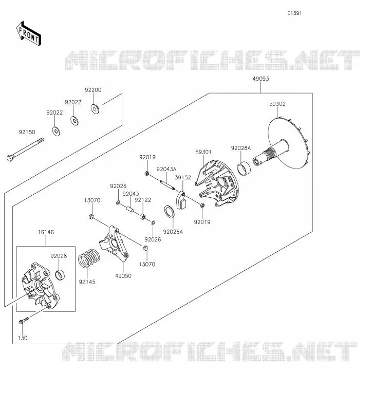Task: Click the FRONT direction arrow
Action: [x=29, y=33]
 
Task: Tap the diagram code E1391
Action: [x=294, y=13]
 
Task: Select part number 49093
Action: [x=261, y=79]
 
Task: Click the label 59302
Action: [x=277, y=104]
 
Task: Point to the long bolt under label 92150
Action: [x=25, y=150]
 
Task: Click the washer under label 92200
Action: [x=95, y=109]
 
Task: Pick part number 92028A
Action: [x=240, y=148]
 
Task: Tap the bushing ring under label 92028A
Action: [x=244, y=169]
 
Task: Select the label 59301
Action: [x=203, y=152]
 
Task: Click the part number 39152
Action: [x=183, y=178]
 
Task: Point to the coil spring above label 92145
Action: [x=89, y=258]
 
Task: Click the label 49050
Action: [x=123, y=276]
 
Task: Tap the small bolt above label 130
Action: [x=24, y=320]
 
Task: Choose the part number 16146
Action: [x=46, y=232]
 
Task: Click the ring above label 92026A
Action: [x=169, y=212]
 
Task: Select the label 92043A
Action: [x=166, y=169]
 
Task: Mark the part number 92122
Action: [x=143, y=200]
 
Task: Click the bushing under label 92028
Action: [x=60, y=274]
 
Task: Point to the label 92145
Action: [x=87, y=282]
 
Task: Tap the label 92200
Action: [x=93, y=90]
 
